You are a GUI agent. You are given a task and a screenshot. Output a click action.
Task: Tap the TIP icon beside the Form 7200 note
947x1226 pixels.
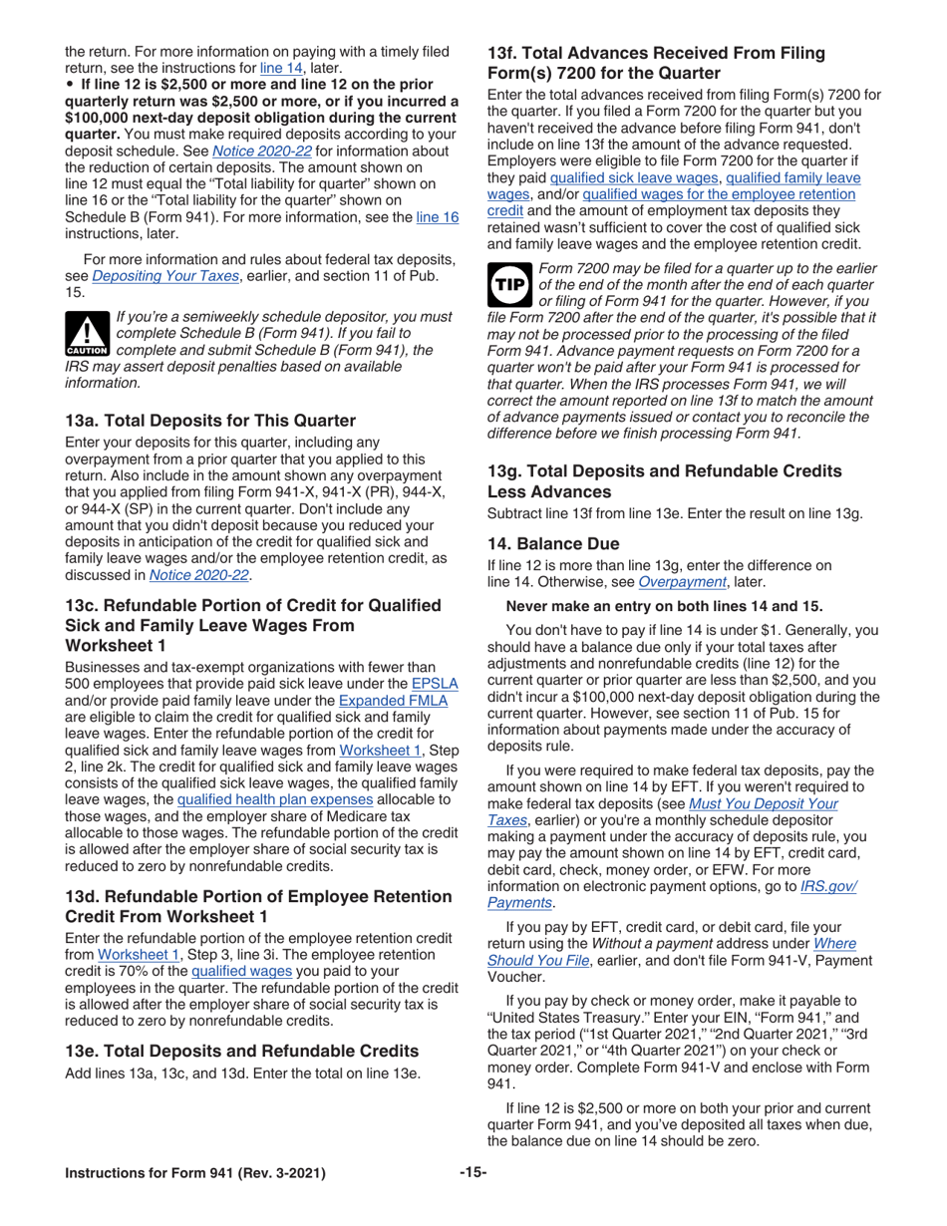point(509,285)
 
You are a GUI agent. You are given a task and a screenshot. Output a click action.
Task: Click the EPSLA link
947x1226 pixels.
point(435,684)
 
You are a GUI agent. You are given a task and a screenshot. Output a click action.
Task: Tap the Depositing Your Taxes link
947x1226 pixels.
point(165,276)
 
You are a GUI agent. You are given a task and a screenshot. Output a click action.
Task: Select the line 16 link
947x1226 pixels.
point(437,217)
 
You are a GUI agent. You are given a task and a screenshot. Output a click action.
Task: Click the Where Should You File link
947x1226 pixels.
point(834,943)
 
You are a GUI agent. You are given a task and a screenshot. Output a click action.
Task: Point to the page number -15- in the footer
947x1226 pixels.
point(473,1173)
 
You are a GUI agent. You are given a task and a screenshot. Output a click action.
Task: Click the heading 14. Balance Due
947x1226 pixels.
point(566,544)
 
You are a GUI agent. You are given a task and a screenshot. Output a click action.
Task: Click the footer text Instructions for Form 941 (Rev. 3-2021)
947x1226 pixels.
point(195,1173)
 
